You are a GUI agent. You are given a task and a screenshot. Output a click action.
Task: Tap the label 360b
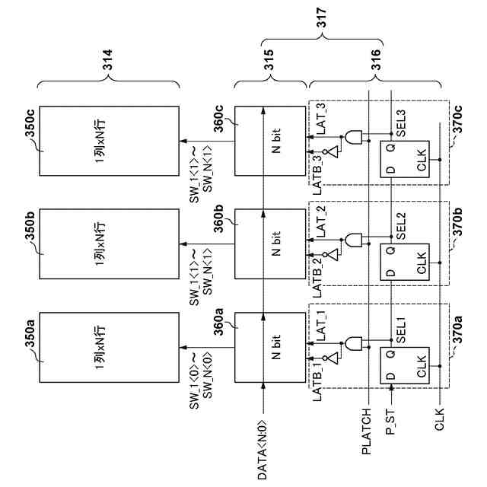coord(219,218)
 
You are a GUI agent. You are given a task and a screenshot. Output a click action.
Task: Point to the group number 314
coord(108,59)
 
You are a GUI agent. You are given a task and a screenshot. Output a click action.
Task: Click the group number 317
coord(321,18)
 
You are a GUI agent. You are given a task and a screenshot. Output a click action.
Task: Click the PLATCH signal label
coord(367,431)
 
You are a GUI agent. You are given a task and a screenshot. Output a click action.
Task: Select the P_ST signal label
coord(390,422)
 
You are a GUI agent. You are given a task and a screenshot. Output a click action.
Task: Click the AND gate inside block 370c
coord(353,137)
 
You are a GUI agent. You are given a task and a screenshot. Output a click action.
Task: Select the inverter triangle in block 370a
coord(333,358)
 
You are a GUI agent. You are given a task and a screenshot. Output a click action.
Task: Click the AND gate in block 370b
coord(353,240)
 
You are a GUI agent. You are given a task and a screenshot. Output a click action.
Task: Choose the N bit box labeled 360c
coord(270,141)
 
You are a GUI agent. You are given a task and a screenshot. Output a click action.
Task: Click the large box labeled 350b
coord(109,243)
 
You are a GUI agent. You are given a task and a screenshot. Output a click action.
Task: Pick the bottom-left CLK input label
coord(440,419)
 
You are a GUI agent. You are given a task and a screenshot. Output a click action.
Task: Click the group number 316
coord(376,59)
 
